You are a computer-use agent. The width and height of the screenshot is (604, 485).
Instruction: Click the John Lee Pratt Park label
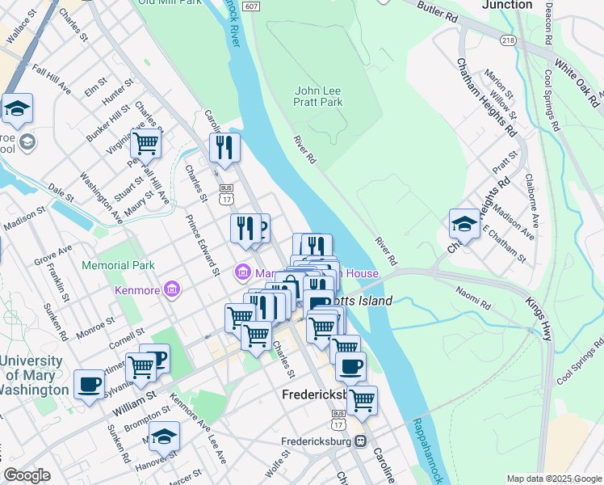319,96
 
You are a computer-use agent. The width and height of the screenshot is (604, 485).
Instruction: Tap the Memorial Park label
117,265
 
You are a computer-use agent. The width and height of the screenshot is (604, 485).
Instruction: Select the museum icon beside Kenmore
171,289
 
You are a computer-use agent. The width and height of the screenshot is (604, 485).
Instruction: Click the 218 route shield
508,40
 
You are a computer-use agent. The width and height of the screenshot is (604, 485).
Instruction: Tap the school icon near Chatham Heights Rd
464,224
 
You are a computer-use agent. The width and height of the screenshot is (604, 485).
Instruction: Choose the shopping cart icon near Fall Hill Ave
145,143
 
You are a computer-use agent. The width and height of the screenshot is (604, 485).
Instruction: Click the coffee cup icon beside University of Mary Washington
89,384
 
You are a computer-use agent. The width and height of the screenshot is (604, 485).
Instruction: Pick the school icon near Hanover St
164,436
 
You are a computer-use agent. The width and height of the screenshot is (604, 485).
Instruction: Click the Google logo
27,475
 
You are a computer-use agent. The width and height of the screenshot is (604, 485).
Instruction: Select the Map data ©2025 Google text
554,479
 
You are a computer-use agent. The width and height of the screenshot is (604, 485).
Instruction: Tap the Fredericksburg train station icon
360,441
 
